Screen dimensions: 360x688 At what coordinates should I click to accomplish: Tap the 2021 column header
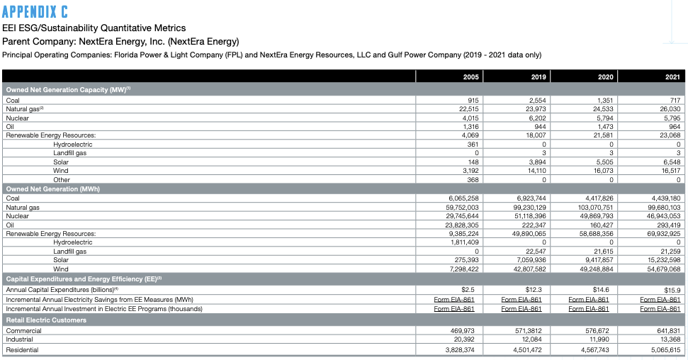672,76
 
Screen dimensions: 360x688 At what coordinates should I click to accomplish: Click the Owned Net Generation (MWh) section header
53,189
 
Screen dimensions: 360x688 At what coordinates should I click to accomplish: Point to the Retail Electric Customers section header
46,320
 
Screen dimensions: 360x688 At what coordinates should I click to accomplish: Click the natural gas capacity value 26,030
670,109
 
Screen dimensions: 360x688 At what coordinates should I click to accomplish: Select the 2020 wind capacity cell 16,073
601,171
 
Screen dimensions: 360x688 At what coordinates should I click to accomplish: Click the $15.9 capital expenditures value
671,290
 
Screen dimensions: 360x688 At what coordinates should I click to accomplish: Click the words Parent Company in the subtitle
38,41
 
